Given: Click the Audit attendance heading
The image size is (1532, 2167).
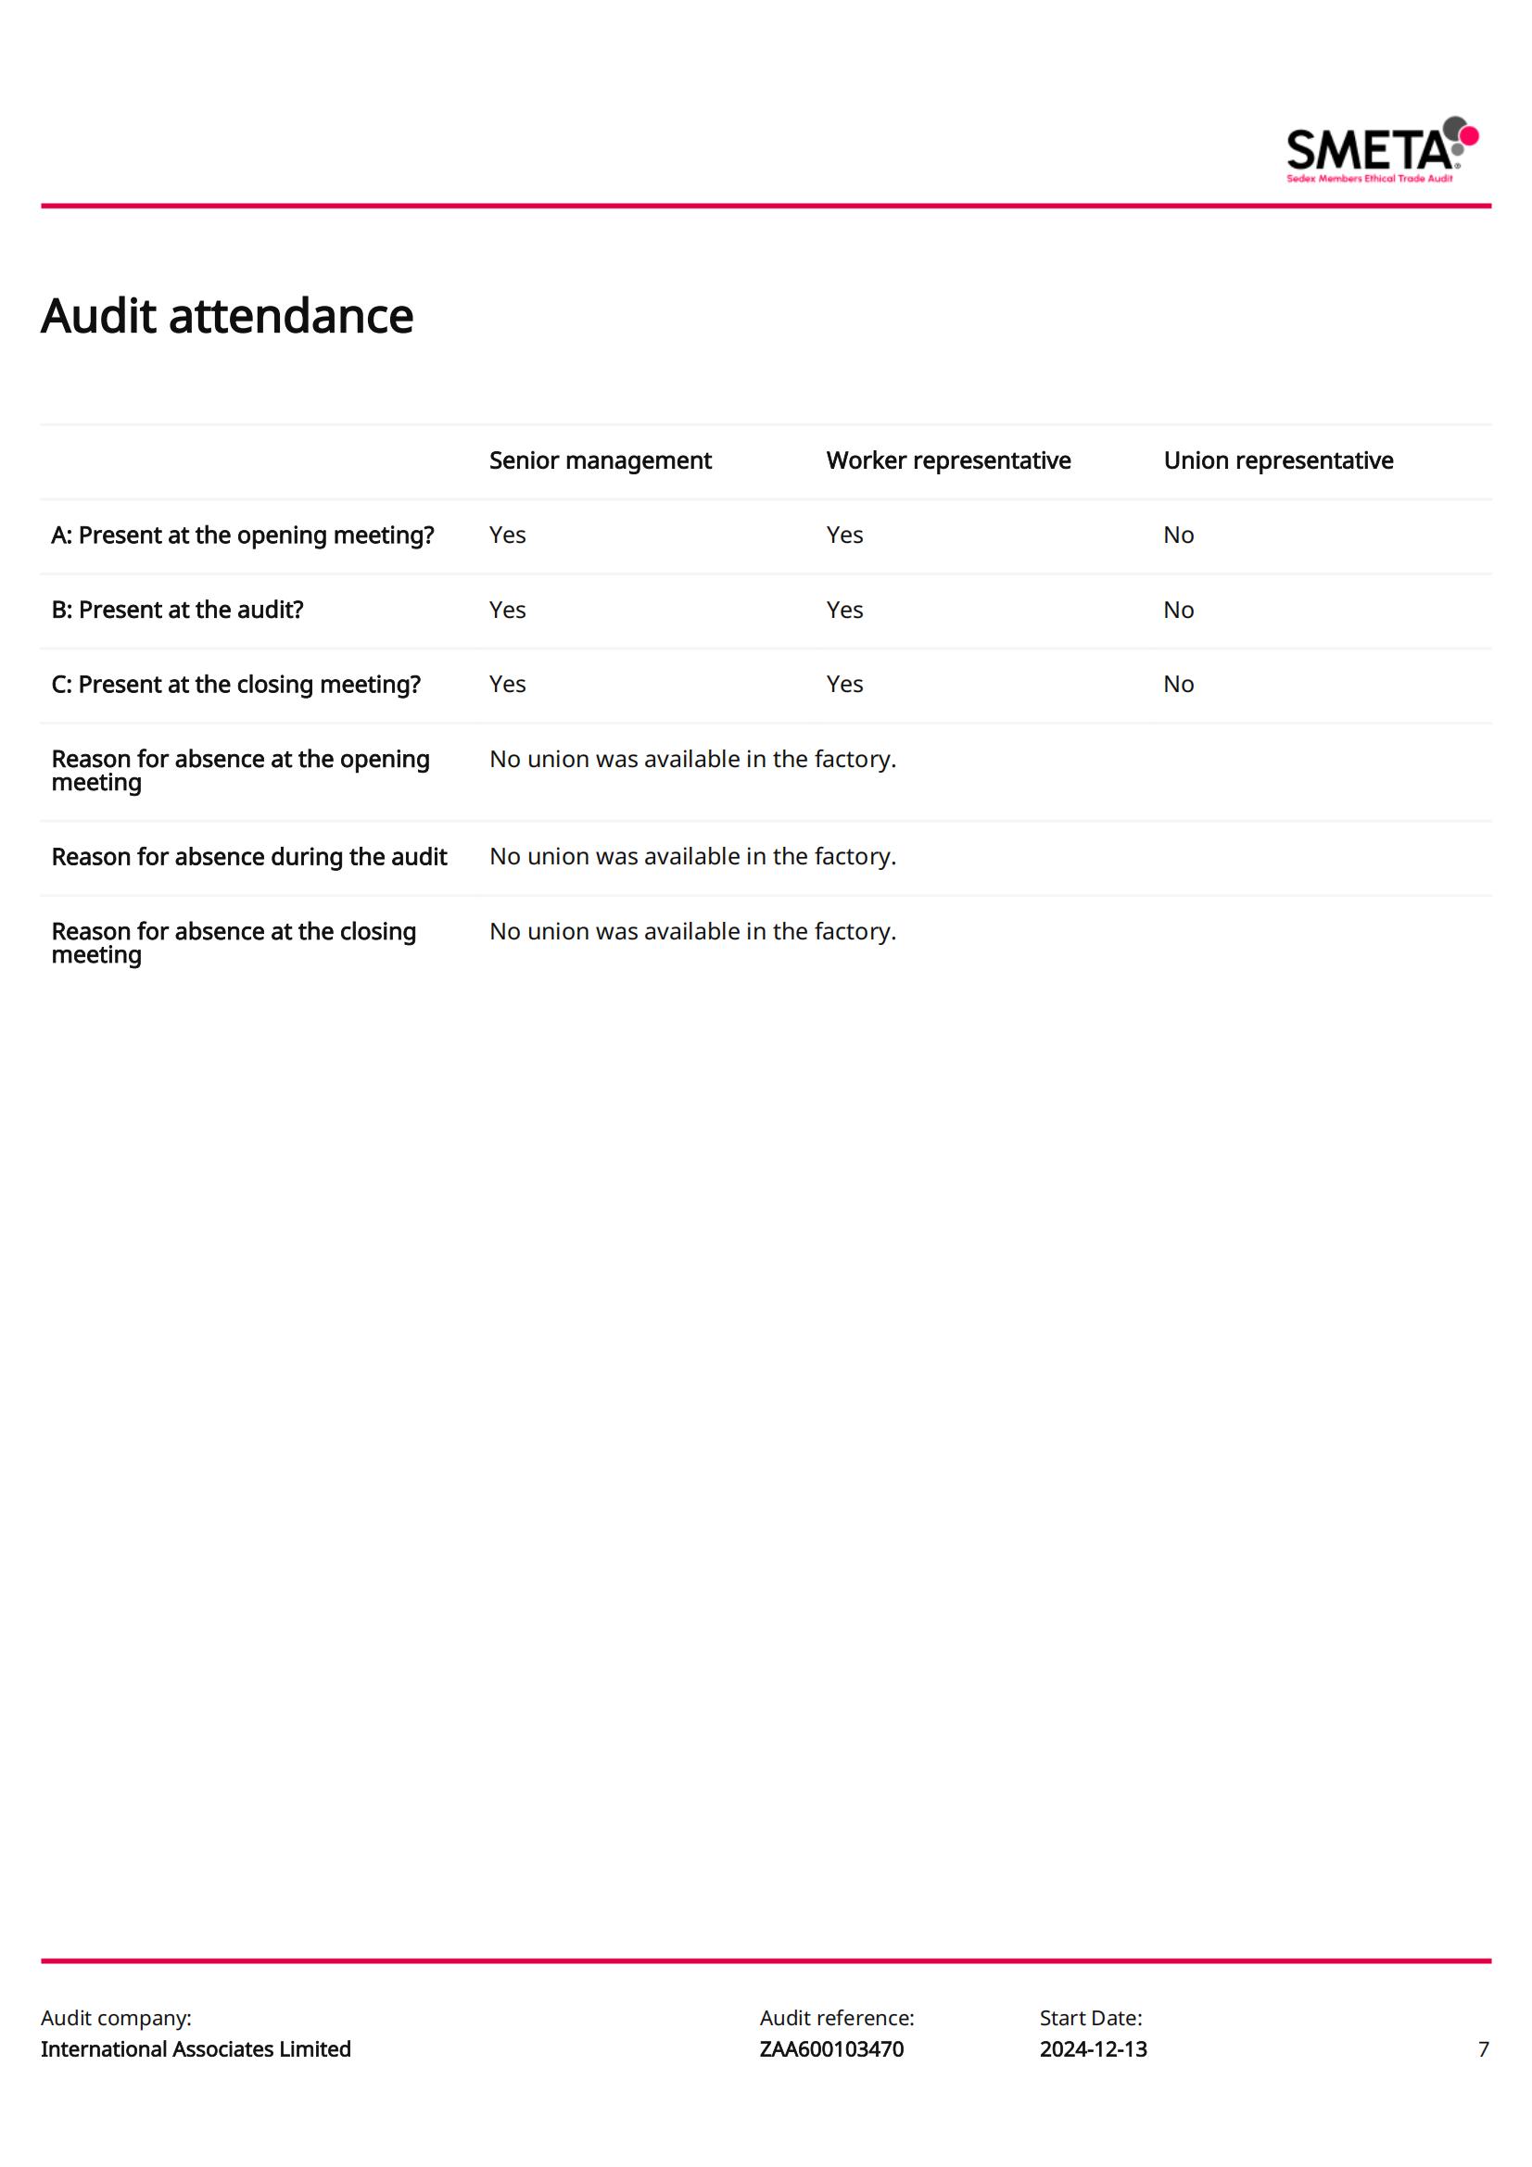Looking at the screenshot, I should pyautogui.click(x=226, y=316).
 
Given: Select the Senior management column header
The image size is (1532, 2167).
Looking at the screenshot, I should pyautogui.click(x=600, y=460).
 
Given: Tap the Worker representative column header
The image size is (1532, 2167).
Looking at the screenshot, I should pyautogui.click(x=948, y=460).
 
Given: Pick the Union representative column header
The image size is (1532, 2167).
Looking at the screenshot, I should pyautogui.click(x=1277, y=460).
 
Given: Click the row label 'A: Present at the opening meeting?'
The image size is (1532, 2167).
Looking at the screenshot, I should pyautogui.click(x=243, y=535).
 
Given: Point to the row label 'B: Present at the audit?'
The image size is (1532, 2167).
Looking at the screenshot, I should pyautogui.click(x=177, y=610).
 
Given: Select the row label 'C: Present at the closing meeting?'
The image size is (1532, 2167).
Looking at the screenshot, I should pyautogui.click(x=236, y=685).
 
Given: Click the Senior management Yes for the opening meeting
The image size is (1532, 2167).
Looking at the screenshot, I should pyautogui.click(x=507, y=535).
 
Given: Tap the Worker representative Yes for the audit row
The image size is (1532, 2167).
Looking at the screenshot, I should pyautogui.click(x=844, y=610).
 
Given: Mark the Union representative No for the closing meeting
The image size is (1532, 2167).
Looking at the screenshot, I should pyautogui.click(x=1178, y=685).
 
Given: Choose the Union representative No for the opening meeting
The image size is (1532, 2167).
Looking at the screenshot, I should pyautogui.click(x=1178, y=535).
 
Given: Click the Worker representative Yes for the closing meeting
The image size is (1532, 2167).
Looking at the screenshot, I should pyautogui.click(x=844, y=685).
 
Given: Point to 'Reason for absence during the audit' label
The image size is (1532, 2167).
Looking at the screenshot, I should pyautogui.click(x=249, y=857).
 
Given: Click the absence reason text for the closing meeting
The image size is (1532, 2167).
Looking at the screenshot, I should pyautogui.click(x=692, y=931).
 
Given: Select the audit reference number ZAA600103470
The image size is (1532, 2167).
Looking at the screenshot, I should pyautogui.click(x=830, y=2049).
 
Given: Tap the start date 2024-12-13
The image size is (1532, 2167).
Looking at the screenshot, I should pyautogui.click(x=1093, y=2049).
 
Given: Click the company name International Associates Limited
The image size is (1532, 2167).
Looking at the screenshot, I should pyautogui.click(x=196, y=2049).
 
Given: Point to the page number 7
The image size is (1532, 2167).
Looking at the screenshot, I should pyautogui.click(x=1483, y=2049).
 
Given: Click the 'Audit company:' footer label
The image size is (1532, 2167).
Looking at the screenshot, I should pyautogui.click(x=116, y=2018).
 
